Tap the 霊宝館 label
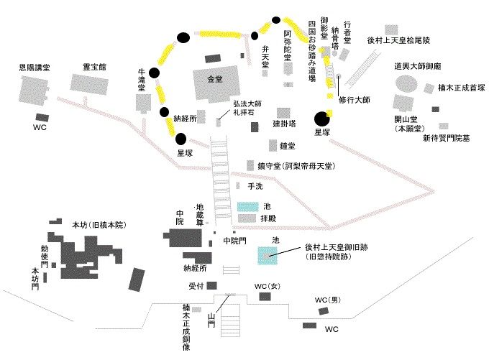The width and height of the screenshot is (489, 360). pyautogui.click(x=94, y=66)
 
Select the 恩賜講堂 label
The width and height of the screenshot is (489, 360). pyautogui.click(x=35, y=68)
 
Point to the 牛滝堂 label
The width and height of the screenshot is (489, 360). pyautogui.click(x=142, y=80)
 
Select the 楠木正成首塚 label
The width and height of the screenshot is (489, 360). pyautogui.click(x=461, y=88)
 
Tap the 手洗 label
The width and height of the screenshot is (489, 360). pyautogui.click(x=255, y=186)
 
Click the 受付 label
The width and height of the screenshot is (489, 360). pyautogui.click(x=197, y=286)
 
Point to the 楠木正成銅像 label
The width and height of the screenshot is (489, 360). pyautogui.click(x=186, y=327)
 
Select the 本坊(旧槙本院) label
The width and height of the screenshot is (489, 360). pyautogui.click(x=99, y=226)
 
